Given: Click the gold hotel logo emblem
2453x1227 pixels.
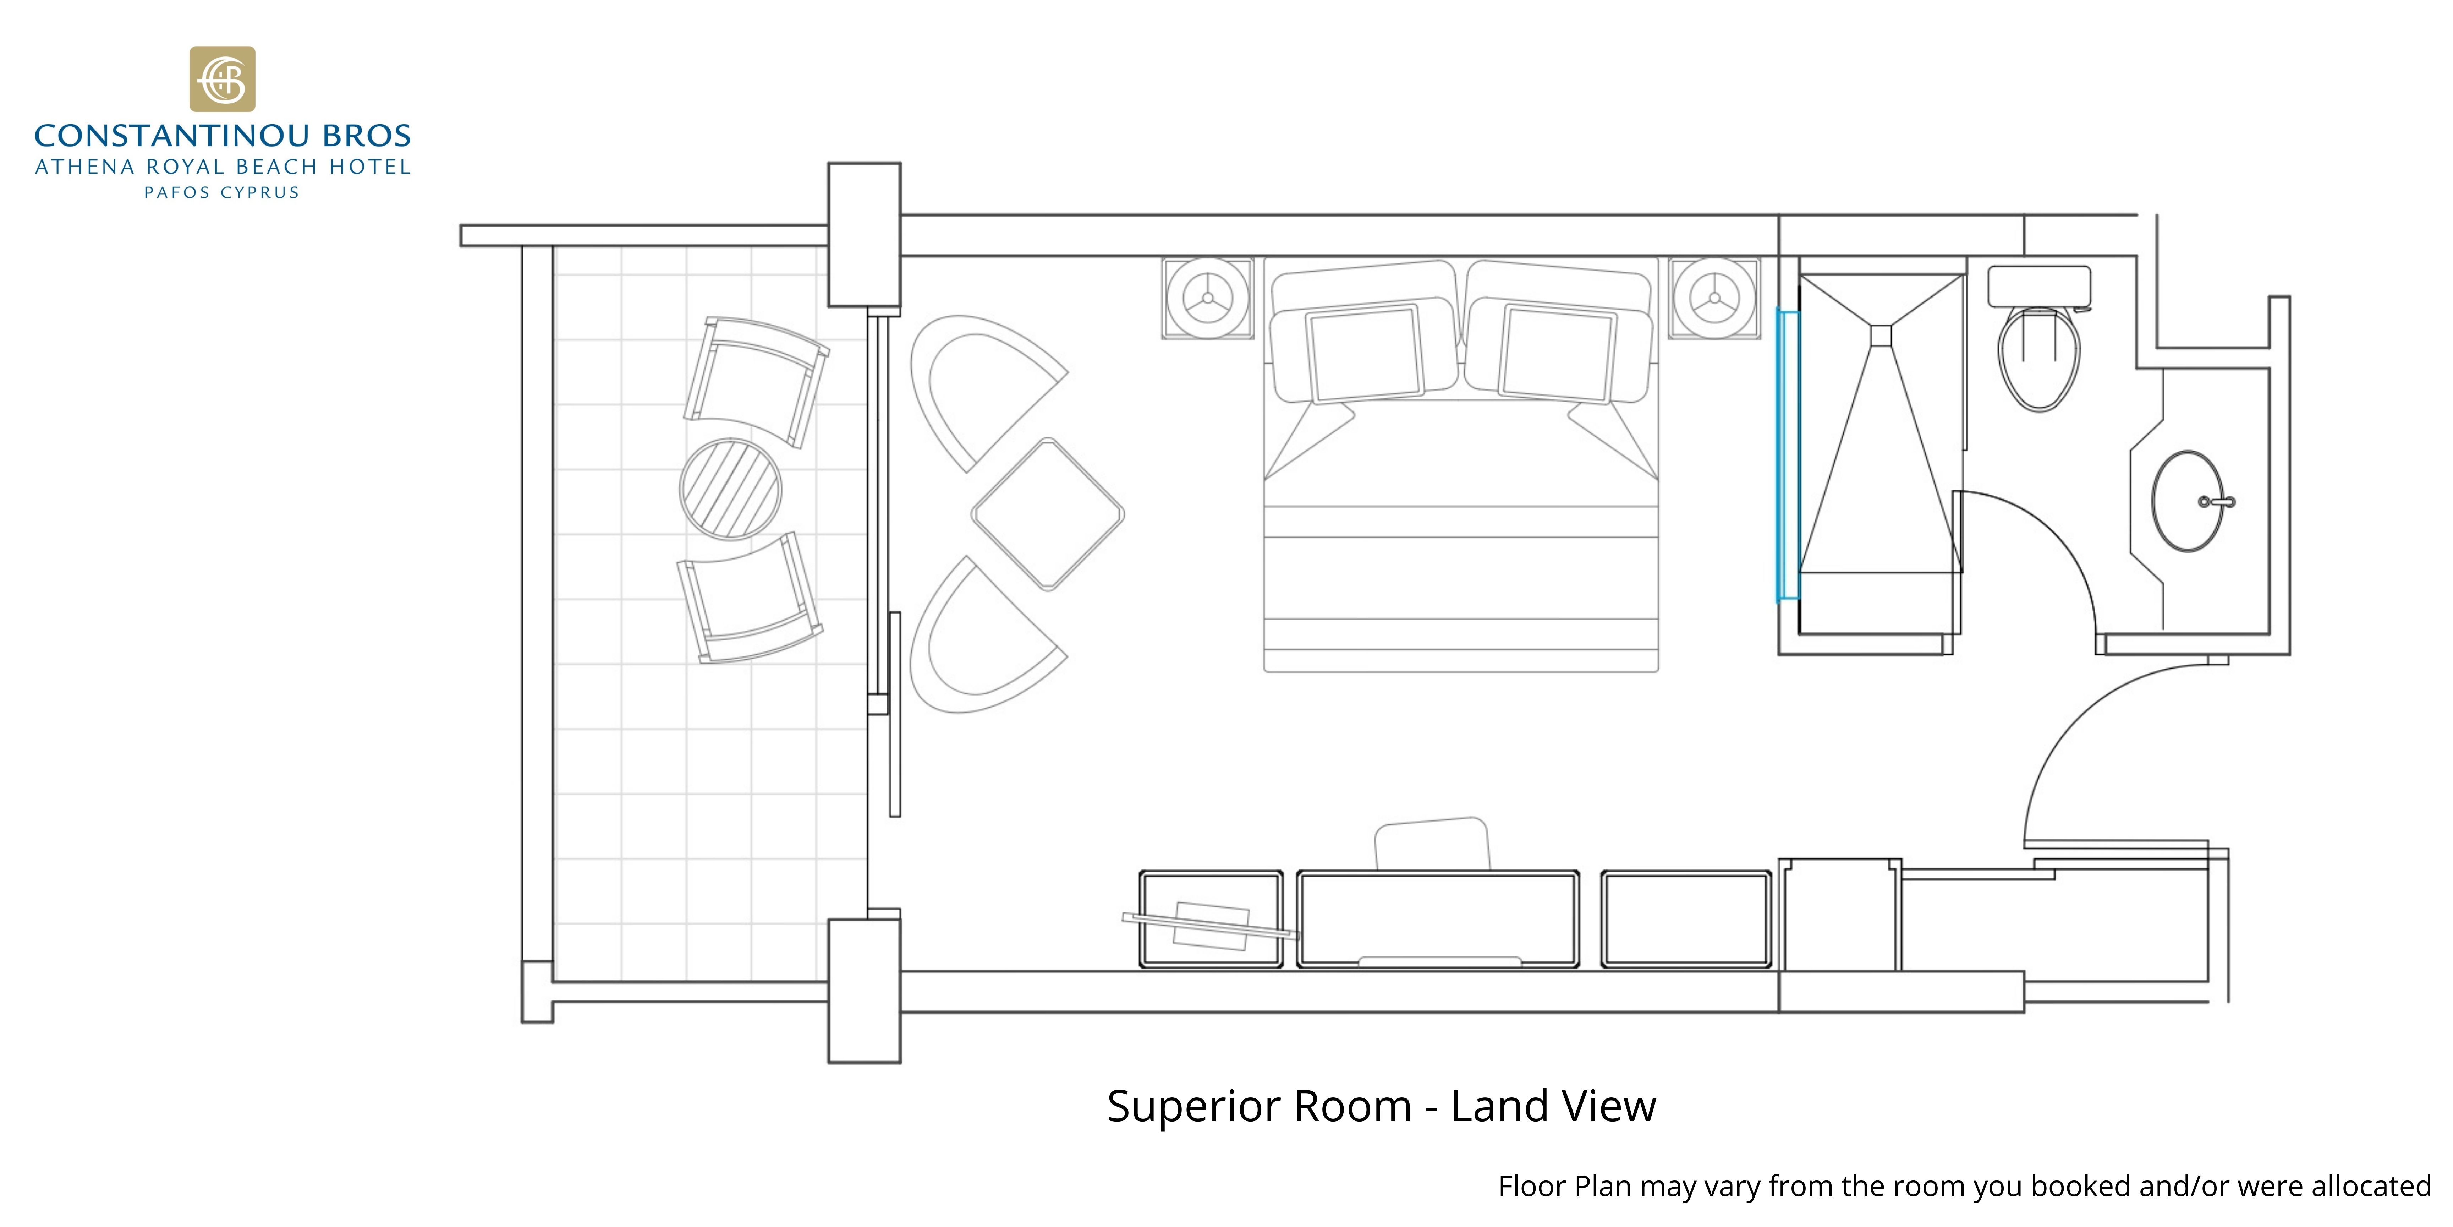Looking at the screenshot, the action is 222,79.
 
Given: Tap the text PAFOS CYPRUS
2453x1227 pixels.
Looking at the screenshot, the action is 222,192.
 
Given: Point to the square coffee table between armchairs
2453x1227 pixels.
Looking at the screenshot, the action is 1048,514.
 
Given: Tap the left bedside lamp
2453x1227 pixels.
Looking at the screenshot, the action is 1207,298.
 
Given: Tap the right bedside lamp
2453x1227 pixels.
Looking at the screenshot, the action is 1714,298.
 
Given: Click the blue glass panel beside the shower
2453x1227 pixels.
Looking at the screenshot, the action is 1787,456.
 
